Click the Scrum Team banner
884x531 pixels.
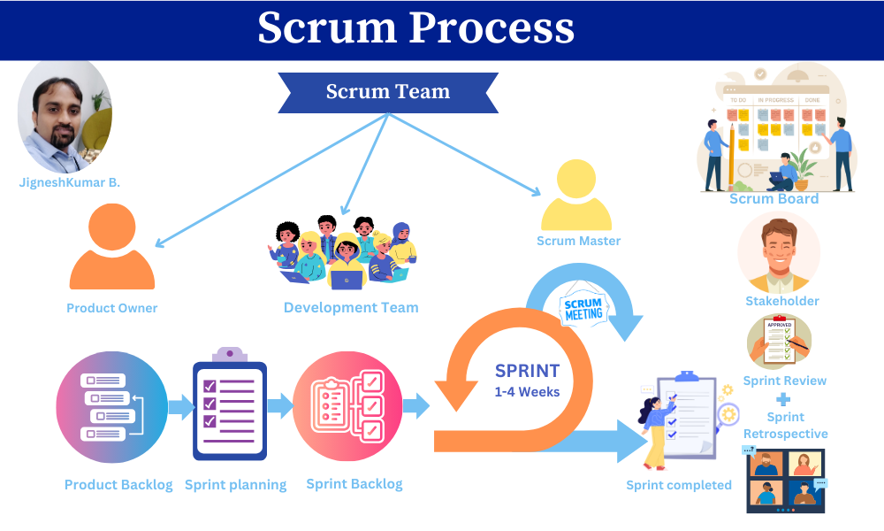[387, 92]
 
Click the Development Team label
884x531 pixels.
[351, 308]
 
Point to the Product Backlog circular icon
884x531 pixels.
[111, 407]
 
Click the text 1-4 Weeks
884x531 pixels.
[527, 391]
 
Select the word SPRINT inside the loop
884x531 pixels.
[528, 371]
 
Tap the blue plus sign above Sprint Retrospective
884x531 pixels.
[783, 399]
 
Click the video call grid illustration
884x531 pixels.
[785, 481]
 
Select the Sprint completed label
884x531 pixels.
[678, 485]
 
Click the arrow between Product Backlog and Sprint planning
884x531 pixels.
[181, 407]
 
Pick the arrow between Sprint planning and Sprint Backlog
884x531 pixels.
[280, 407]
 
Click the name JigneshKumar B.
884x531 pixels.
[69, 182]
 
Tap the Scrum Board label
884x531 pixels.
[773, 199]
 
